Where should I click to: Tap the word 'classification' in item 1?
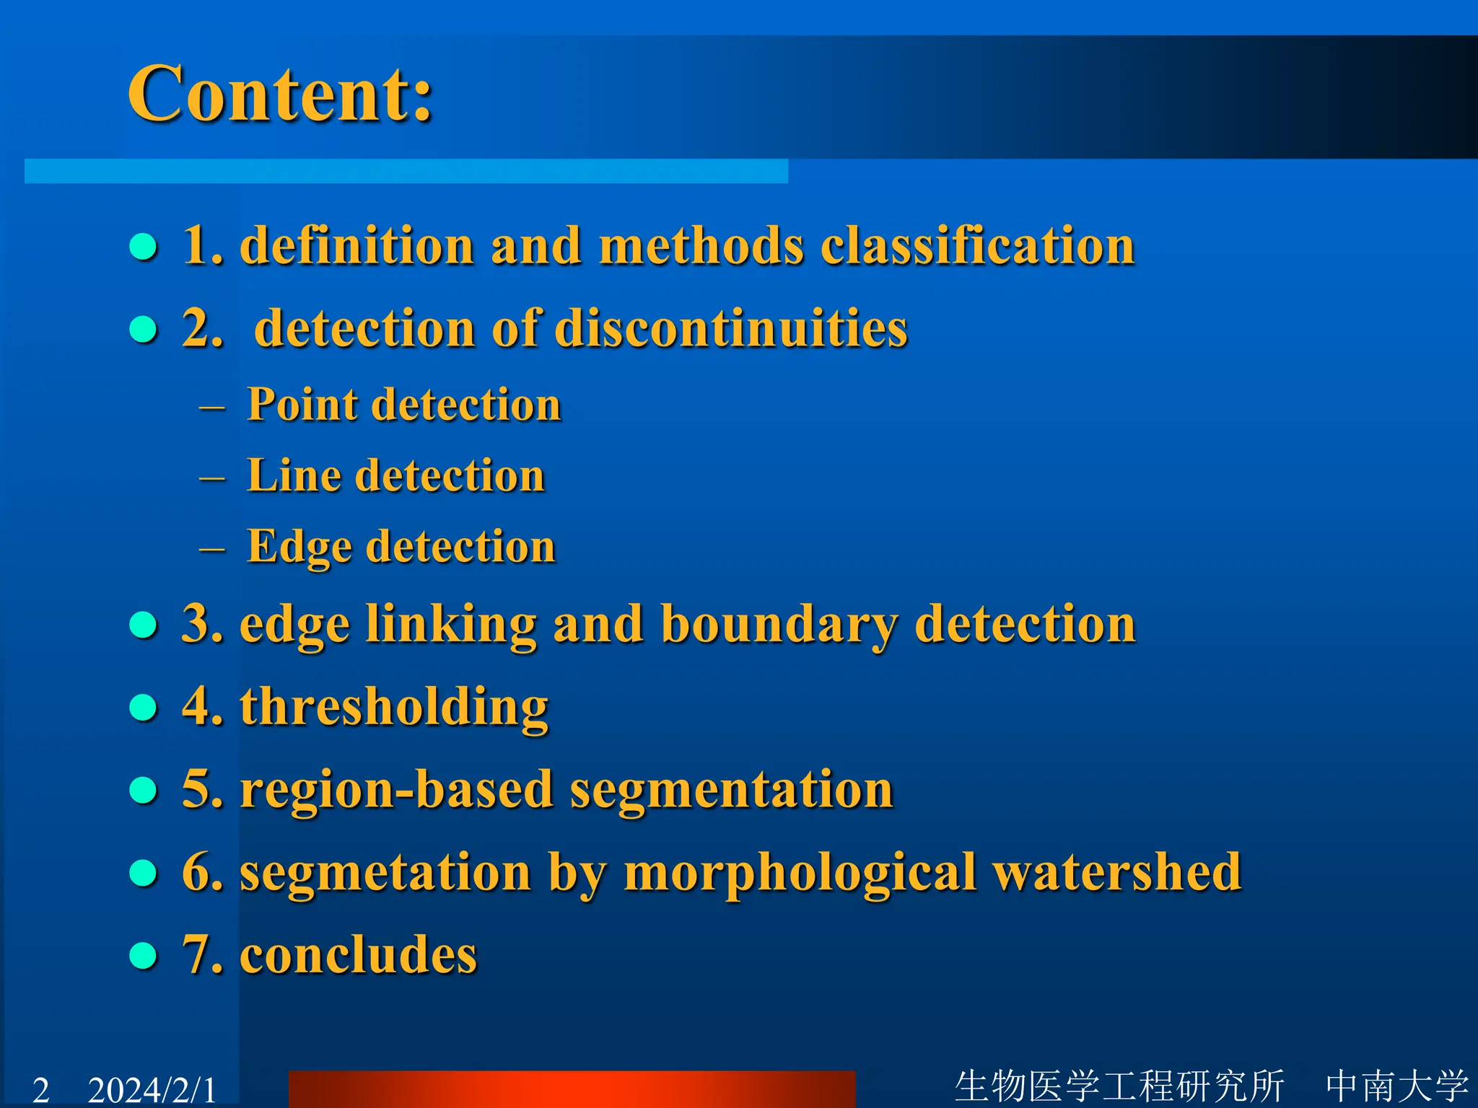tap(978, 246)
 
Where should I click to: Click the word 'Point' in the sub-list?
tap(302, 404)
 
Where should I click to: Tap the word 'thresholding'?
tap(394, 707)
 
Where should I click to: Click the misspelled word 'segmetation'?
tap(385, 873)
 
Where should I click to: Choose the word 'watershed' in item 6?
tap(1117, 872)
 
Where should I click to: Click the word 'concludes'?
tap(358, 955)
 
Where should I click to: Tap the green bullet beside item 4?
tap(143, 708)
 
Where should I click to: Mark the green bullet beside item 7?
tap(143, 956)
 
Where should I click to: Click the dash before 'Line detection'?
tap(212, 478)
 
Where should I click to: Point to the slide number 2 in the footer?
tap(41, 1089)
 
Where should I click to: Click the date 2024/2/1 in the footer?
tap(152, 1089)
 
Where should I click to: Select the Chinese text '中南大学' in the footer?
tap(1397, 1086)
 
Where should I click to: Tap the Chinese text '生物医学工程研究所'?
tap(1119, 1086)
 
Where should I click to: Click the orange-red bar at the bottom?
tap(572, 1089)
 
